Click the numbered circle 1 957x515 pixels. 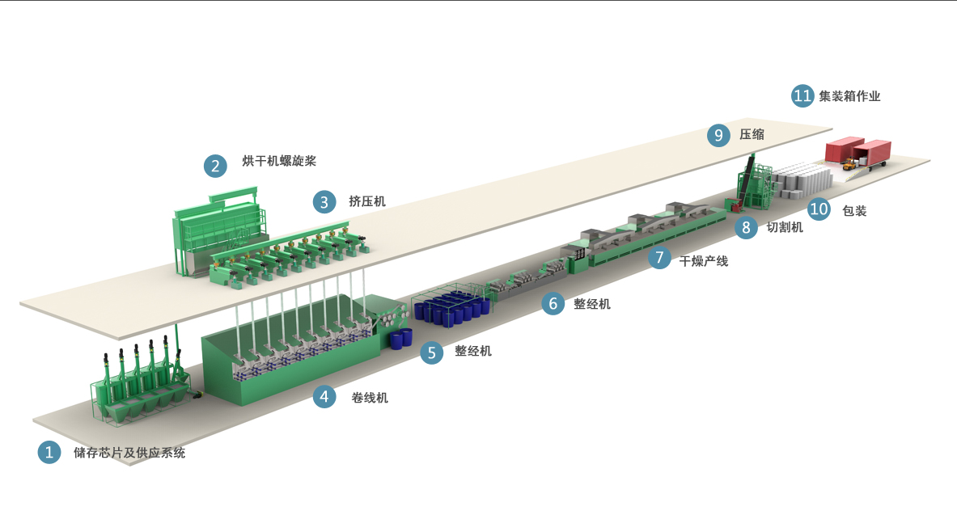pyautogui.click(x=49, y=452)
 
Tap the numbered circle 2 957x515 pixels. pyautogui.click(x=215, y=166)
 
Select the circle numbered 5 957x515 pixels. pyautogui.click(x=431, y=352)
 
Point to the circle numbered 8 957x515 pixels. pyautogui.click(x=746, y=228)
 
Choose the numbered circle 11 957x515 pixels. pyautogui.click(x=802, y=95)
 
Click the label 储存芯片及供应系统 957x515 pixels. pyautogui.click(x=129, y=453)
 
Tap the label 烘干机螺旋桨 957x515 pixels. pyautogui.click(x=279, y=161)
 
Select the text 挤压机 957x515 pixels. pyautogui.click(x=366, y=201)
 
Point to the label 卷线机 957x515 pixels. pyautogui.click(x=369, y=398)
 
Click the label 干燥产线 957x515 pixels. pyautogui.click(x=704, y=261)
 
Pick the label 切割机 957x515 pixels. pyautogui.click(x=784, y=227)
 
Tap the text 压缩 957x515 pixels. pyautogui.click(x=752, y=134)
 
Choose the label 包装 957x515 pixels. pyautogui.click(x=854, y=211)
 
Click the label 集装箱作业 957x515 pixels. pyautogui.click(x=849, y=95)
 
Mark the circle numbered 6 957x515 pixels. pyautogui.click(x=553, y=303)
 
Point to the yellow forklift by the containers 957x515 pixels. pyautogui.click(x=849, y=163)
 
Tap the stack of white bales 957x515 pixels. pyautogui.click(x=801, y=179)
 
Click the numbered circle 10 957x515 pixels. pyautogui.click(x=819, y=209)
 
